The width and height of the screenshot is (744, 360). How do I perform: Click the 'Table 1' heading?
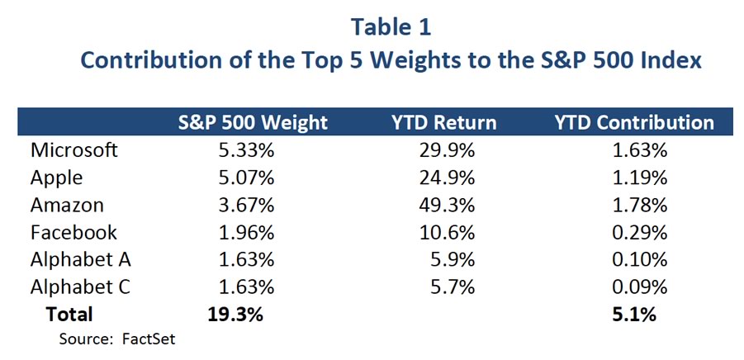(x=391, y=27)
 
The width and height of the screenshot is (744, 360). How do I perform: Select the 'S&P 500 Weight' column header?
(x=253, y=123)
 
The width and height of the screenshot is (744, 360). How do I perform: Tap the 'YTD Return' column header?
(x=444, y=123)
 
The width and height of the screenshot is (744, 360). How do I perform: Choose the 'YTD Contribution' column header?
(x=634, y=123)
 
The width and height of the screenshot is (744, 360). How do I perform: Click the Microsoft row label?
(x=74, y=150)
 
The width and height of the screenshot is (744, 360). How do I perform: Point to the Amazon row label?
(x=67, y=206)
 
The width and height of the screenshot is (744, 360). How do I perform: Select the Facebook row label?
(x=73, y=232)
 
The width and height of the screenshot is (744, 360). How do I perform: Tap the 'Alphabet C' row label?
(x=80, y=287)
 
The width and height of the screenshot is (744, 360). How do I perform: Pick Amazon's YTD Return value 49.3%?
(x=447, y=206)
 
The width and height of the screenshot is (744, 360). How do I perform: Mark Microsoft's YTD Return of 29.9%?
(x=447, y=150)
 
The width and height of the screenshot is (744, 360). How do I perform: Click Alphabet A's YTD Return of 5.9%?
(x=454, y=260)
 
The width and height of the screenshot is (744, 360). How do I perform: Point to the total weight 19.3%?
(x=235, y=315)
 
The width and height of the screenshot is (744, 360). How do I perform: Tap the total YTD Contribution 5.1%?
(x=634, y=315)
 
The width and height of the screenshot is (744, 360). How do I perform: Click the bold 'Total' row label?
(x=69, y=315)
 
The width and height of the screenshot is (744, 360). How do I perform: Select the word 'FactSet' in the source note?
(x=149, y=339)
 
